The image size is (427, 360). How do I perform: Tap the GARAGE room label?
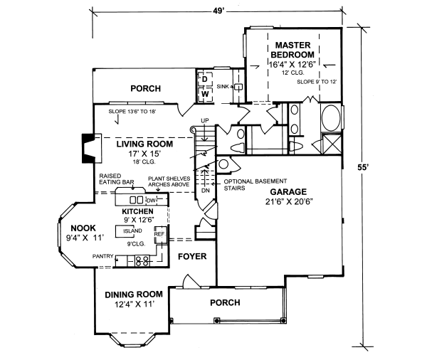(x=288, y=192)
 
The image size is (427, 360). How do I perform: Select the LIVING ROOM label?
(x=140, y=144)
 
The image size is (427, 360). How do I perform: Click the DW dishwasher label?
(x=151, y=201)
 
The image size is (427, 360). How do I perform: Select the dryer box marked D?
(x=204, y=79)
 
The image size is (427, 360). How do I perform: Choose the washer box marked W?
(x=204, y=93)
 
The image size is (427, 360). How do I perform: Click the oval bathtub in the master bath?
(x=331, y=118)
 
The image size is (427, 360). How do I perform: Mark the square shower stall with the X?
(x=332, y=144)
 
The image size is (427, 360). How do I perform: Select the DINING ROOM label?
(x=134, y=295)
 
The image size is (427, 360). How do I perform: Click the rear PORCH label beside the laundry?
(x=145, y=88)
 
